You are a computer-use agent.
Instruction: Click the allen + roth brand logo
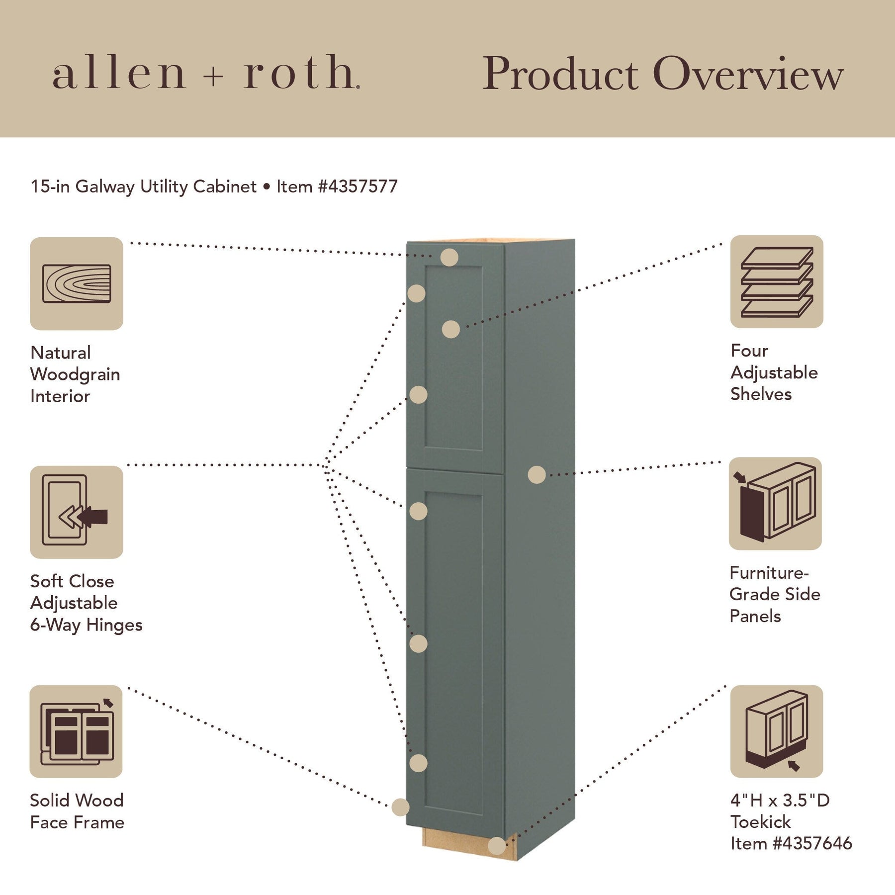(206, 73)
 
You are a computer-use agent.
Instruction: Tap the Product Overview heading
(663, 74)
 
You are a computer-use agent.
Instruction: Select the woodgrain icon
(77, 283)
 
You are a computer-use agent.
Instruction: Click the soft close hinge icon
(77, 512)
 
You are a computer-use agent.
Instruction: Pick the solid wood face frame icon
(76, 731)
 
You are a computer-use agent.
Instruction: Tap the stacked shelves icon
(776, 282)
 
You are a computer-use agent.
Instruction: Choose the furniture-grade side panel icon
(775, 504)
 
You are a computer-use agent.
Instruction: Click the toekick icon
(776, 731)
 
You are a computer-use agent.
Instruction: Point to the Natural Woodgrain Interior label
(75, 374)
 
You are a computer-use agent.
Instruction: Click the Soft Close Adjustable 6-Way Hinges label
(86, 603)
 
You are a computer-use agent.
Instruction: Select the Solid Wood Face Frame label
(77, 811)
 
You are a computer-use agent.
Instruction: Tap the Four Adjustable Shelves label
(773, 372)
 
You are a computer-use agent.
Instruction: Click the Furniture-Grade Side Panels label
(774, 594)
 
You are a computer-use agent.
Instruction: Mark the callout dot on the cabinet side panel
(537, 475)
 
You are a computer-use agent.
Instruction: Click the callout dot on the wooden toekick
(497, 845)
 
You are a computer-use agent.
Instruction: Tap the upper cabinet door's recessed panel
(453, 358)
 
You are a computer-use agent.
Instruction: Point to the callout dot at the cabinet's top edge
(449, 258)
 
